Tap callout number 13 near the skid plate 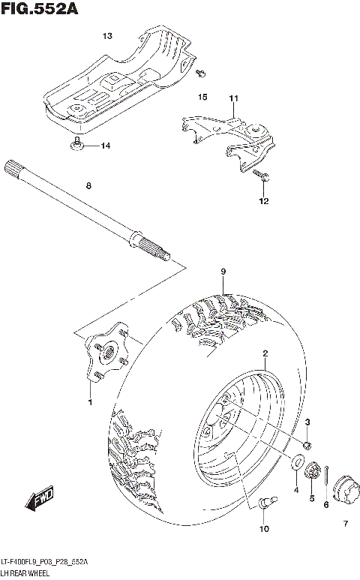click(x=107, y=36)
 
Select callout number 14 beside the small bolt click(x=105, y=146)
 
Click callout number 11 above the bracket click(x=233, y=98)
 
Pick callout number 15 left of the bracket click(x=202, y=98)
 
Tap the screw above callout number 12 click(x=263, y=176)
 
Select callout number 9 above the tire click(x=223, y=271)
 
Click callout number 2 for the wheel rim click(x=265, y=353)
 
